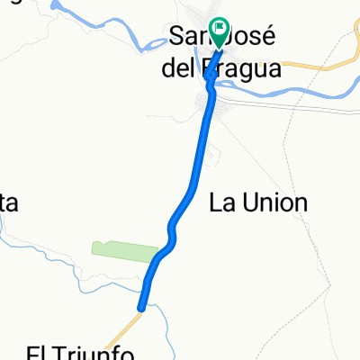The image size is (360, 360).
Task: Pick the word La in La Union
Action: pyautogui.click(x=221, y=202)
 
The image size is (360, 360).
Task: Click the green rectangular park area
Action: pyautogui.click(x=121, y=250)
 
